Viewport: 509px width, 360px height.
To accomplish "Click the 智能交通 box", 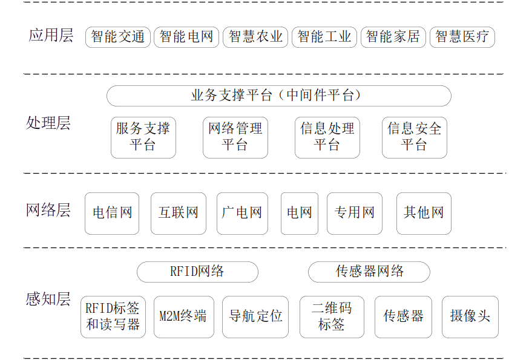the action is (x=118, y=37).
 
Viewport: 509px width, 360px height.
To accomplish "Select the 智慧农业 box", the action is (x=255, y=37).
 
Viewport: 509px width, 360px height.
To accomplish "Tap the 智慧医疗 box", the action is (x=462, y=37).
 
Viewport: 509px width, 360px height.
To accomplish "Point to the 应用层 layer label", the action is (x=51, y=35).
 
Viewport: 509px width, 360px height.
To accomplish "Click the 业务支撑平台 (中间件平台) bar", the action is (x=279, y=96).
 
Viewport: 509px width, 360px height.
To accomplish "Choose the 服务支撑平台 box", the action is (x=143, y=137).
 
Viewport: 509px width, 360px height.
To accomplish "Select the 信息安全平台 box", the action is (x=415, y=137).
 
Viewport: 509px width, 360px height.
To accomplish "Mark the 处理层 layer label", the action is (x=48, y=123).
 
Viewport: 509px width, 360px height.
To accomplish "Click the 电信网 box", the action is (x=112, y=214).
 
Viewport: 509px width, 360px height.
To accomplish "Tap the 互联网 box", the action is (x=179, y=214).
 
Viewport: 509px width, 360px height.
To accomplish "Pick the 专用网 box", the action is (x=355, y=214).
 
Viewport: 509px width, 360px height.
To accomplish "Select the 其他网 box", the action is (x=424, y=214).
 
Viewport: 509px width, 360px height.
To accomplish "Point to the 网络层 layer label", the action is (x=48, y=210).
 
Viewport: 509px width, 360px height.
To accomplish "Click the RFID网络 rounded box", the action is (x=197, y=272).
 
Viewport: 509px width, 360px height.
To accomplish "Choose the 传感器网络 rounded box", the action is (x=369, y=272).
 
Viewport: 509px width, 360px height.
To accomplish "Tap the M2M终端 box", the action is (x=184, y=317).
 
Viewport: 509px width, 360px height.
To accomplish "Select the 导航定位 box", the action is (x=255, y=317).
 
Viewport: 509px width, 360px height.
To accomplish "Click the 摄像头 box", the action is (x=470, y=317).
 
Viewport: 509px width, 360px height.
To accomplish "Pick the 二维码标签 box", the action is (x=332, y=317).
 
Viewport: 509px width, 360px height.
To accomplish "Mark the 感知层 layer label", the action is (x=48, y=299).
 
